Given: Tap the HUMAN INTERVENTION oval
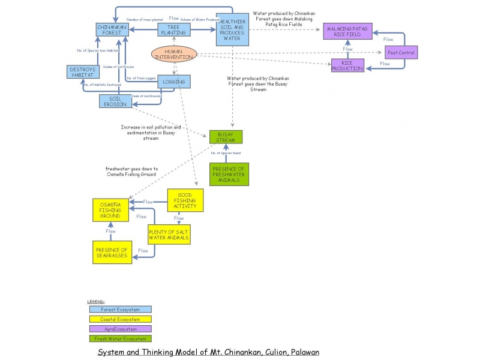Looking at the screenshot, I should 173,55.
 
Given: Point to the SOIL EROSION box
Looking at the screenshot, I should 115,101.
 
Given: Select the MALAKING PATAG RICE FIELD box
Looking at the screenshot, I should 347,32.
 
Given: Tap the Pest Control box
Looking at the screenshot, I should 401,53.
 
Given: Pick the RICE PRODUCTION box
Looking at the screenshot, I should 347,65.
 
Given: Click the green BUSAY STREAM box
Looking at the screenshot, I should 226,137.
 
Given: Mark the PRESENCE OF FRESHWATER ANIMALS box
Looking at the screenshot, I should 229,174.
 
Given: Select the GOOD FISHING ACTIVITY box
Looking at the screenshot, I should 185,200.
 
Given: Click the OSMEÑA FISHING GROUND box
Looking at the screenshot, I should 110,211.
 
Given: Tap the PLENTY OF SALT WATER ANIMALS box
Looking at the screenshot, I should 169,235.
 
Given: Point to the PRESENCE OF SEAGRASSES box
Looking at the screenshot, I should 112,253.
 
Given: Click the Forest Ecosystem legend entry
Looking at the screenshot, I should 120,310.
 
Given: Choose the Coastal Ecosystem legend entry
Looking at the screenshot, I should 120,319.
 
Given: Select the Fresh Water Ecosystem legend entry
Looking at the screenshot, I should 120,338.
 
